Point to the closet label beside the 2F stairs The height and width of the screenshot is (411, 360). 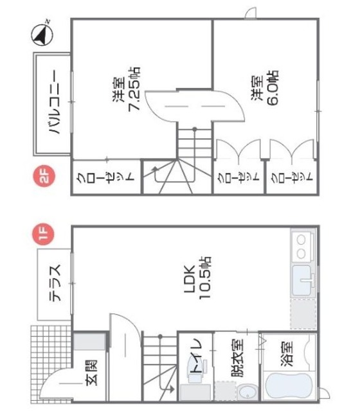pyautogui.click(x=106, y=177)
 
